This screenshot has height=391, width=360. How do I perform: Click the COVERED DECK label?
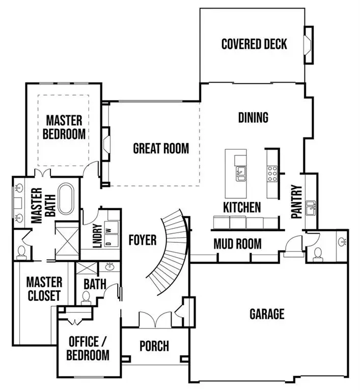[x=254, y=44]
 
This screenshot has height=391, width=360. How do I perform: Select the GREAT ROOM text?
[x=160, y=149]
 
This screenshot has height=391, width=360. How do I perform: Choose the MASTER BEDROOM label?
[x=64, y=127]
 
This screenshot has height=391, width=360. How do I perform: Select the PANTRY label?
[x=297, y=202]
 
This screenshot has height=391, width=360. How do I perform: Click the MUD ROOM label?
[x=237, y=244]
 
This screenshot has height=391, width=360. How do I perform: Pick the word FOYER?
[x=142, y=240]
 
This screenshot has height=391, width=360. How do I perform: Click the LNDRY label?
[x=97, y=236]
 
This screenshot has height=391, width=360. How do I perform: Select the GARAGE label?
[x=266, y=314]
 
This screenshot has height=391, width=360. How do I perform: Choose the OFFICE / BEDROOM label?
[x=89, y=348]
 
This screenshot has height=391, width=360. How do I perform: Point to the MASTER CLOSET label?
[x=44, y=289]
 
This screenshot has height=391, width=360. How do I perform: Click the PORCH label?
[x=154, y=346]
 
